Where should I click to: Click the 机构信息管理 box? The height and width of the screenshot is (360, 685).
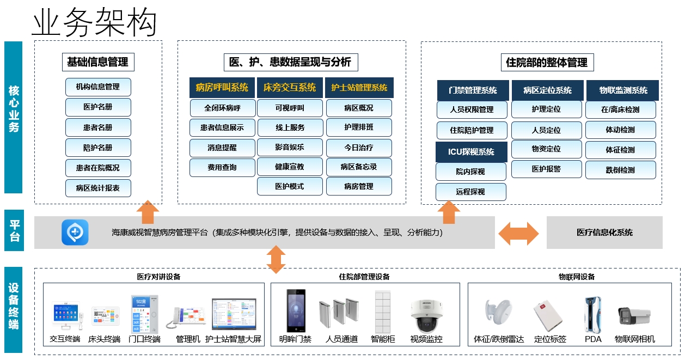click(98, 87)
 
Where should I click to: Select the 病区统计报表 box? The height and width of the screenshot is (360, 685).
click(98, 188)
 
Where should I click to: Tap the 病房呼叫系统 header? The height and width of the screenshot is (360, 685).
click(222, 88)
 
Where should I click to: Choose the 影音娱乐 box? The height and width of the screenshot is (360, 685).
click(290, 147)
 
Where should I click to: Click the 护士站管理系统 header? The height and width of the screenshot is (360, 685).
click(359, 88)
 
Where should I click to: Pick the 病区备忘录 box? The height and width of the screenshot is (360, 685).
click(359, 167)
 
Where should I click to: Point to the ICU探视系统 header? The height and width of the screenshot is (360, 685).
click(471, 152)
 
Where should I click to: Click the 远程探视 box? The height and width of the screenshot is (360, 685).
click(470, 192)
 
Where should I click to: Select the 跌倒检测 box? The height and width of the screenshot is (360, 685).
click(620, 170)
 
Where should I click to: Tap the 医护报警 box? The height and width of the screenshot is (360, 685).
click(546, 169)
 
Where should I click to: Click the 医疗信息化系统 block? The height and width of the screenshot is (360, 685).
click(604, 233)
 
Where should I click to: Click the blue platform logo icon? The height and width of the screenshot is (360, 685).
click(75, 233)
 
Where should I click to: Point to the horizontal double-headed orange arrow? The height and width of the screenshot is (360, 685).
click(518, 234)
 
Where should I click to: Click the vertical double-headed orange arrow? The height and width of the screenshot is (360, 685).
click(276, 259)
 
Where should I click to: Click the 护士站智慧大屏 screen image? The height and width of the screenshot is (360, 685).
click(234, 314)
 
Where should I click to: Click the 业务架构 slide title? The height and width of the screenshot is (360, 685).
click(94, 23)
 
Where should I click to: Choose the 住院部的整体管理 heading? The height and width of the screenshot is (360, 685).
click(546, 63)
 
